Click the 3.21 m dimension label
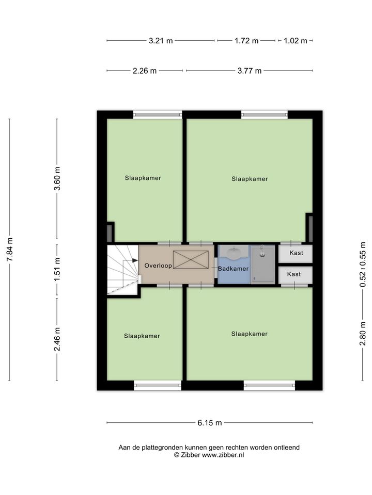pyautogui.click(x=161, y=41)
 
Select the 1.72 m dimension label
pyautogui.click(x=246, y=41)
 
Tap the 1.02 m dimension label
pyautogui.click(x=296, y=41)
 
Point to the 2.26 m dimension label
pyautogui.click(x=145, y=71)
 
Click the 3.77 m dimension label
pyautogui.click(x=250, y=71)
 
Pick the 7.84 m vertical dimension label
pyautogui.click(x=10, y=250)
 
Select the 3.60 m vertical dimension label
pyautogui.click(x=57, y=179)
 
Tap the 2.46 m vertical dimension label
pyautogui.click(x=57, y=339)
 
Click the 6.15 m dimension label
pyautogui.click(x=210, y=423)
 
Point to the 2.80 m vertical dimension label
pyautogui.click(x=363, y=334)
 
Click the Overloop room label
pyautogui.click(x=158, y=266)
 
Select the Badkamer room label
pyautogui.click(x=234, y=269)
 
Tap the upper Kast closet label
pyautogui.click(x=297, y=253)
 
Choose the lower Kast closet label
pyautogui.click(x=294, y=274)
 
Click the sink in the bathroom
pyautogui.click(x=234, y=253)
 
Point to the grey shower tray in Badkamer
pyautogui.click(x=263, y=265)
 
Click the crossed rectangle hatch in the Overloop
pyautogui.click(x=191, y=259)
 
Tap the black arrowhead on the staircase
pyautogui.click(x=135, y=260)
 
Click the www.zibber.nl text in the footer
pyautogui.click(x=223, y=455)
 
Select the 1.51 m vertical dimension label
pyautogui.click(x=57, y=270)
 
